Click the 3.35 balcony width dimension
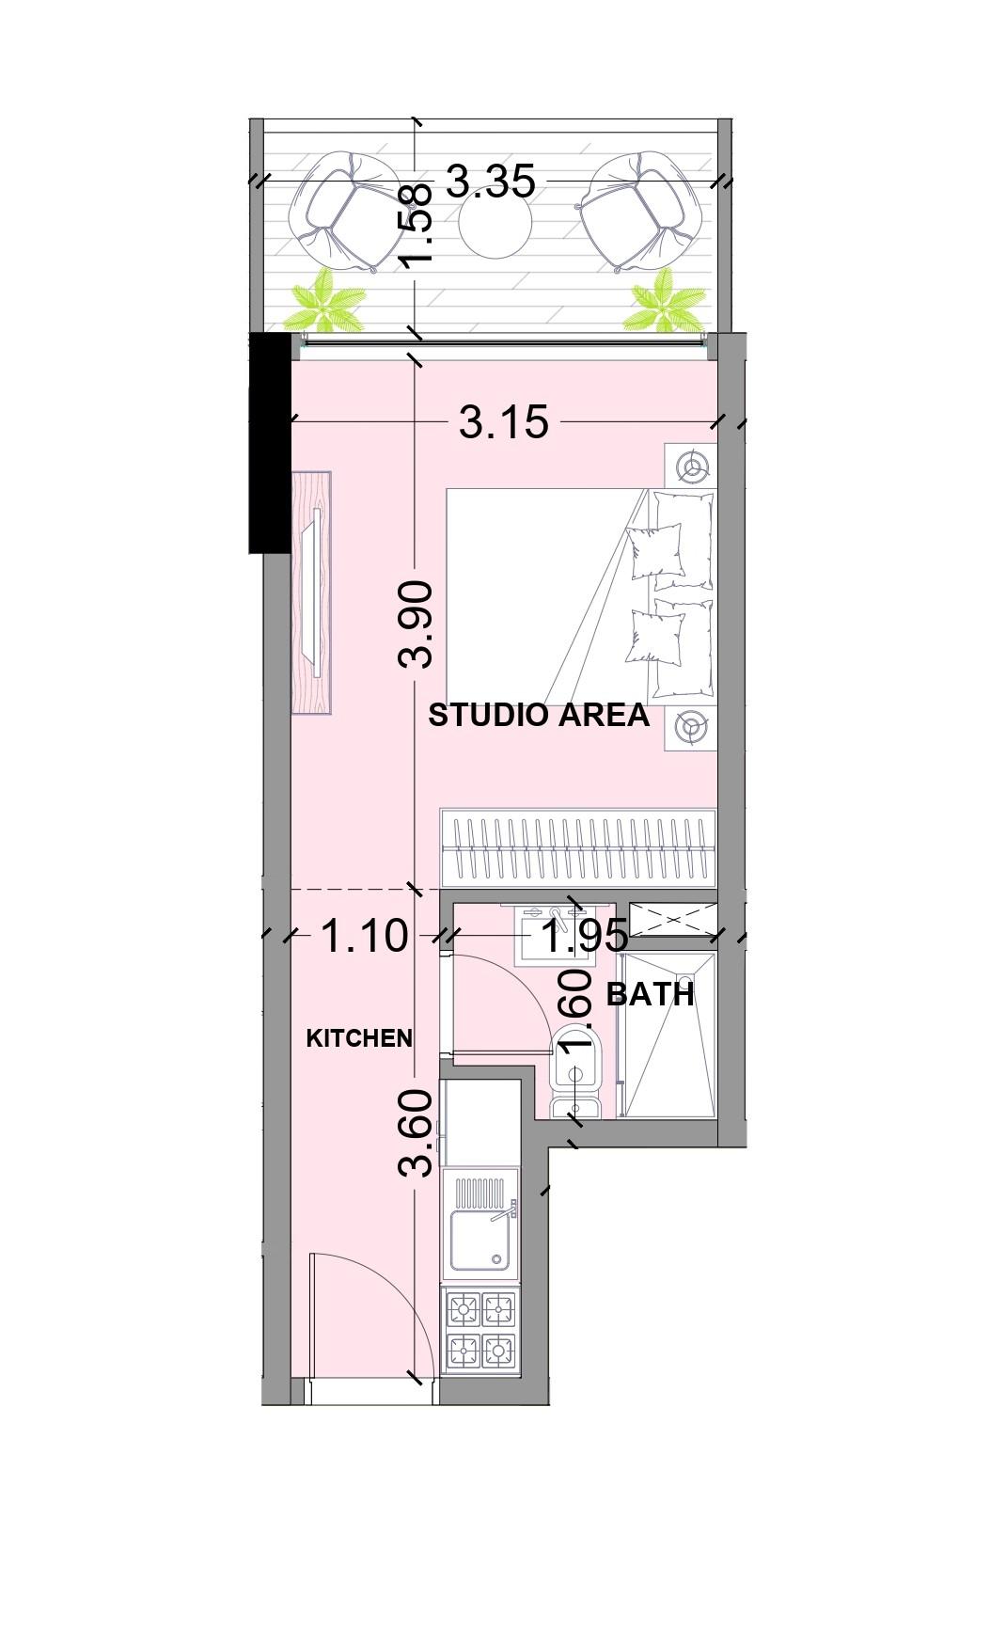point(491,181)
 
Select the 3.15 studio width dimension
point(504,422)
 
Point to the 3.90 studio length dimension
point(416,624)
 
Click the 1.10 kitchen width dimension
point(365,936)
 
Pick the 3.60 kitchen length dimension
point(416,1132)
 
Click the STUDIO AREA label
point(539,715)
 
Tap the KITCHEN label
point(360,1038)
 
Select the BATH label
point(651,994)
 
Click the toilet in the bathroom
point(576,1071)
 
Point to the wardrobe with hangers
point(578,847)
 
